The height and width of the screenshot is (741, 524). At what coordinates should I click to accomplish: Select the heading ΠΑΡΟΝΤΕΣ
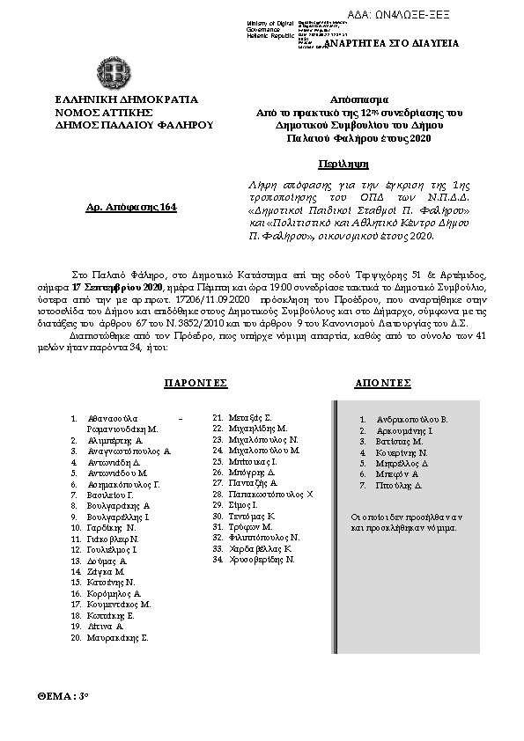pos(196,385)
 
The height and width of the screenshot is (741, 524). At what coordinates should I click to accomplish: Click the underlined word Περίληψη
pos(343,164)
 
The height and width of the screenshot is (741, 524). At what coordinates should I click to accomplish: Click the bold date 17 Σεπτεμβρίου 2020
pos(119,288)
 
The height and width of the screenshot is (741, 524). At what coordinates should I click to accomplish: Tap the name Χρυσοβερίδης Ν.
pos(254,559)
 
